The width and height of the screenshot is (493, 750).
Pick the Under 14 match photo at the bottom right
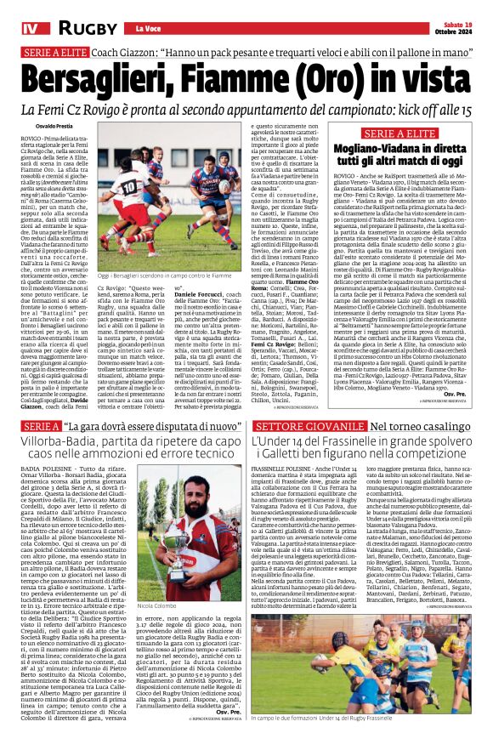pyautogui.click(x=372, y=687)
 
